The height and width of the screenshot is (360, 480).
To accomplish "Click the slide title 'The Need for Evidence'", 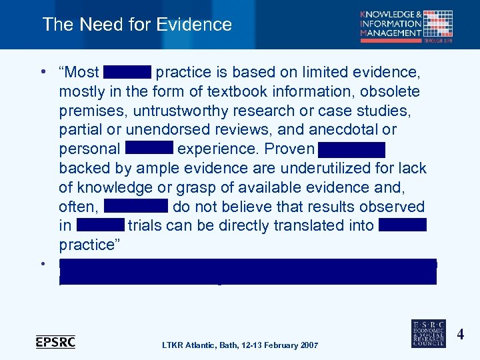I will click(x=137, y=25).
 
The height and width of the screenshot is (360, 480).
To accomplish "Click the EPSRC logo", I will click(x=55, y=342).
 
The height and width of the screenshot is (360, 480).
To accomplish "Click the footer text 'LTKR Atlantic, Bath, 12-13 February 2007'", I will click(x=240, y=345).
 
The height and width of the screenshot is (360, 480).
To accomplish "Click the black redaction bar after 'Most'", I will click(x=127, y=71).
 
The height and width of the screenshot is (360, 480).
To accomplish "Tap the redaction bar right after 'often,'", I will click(x=136, y=206).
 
